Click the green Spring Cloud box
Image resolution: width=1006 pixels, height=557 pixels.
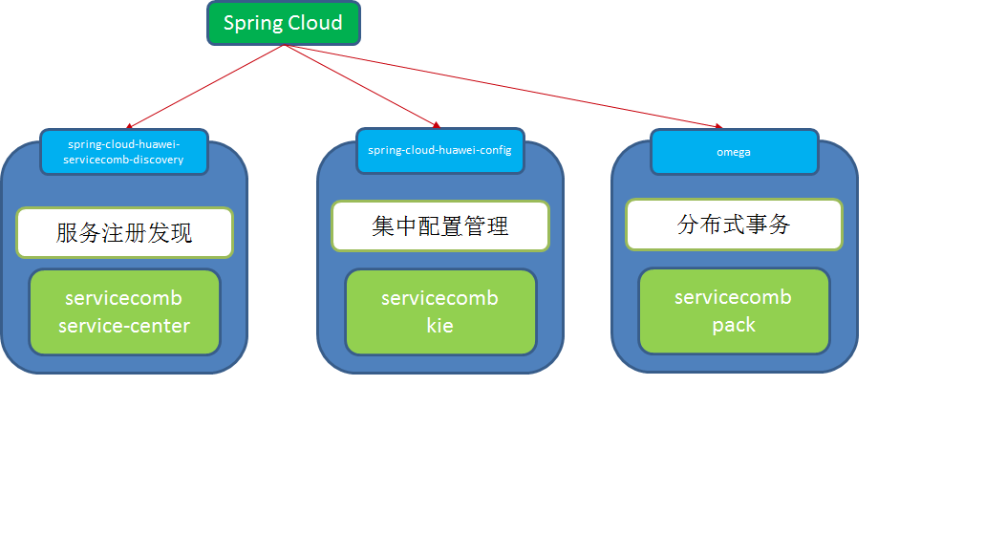(284, 24)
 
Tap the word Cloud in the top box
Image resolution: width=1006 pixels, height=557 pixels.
(314, 24)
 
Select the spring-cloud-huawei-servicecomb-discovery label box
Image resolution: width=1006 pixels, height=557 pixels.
(124, 152)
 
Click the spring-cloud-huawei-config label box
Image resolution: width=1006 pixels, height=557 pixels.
(440, 151)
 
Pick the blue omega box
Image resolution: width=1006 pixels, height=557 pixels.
(734, 152)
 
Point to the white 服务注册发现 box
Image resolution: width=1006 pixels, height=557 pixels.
(124, 232)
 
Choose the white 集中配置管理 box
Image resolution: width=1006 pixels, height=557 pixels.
(440, 226)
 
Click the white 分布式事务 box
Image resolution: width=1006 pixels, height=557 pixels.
(734, 225)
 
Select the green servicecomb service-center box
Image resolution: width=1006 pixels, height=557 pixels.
(124, 311)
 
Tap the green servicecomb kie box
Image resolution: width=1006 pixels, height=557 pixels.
(440, 311)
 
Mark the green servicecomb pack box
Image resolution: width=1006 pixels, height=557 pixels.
(734, 311)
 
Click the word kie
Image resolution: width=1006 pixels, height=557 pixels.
(440, 326)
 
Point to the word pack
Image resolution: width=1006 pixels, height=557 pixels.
(734, 325)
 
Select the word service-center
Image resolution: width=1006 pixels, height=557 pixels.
(124, 326)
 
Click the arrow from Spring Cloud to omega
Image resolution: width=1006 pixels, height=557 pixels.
(506, 86)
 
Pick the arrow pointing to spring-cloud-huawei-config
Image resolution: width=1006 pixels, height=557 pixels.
(363, 86)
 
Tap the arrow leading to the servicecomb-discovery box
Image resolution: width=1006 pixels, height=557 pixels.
(205, 86)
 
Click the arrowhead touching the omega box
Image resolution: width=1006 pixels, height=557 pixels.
(719, 126)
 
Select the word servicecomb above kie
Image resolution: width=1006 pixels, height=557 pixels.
(440, 298)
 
